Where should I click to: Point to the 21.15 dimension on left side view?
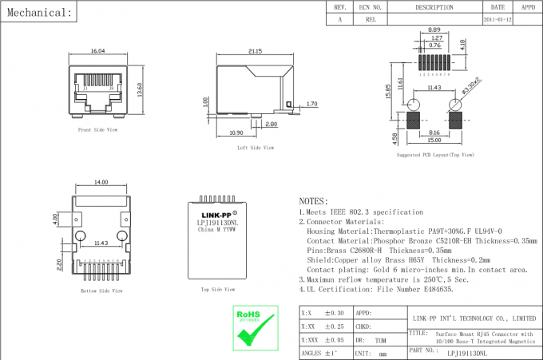pyautogui.click(x=255, y=51)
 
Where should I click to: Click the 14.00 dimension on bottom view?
pyautogui.click(x=101, y=183)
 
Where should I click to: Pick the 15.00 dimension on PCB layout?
pyautogui.click(x=433, y=140)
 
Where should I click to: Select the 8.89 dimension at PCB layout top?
pyautogui.click(x=435, y=30)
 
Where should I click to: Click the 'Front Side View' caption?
pyautogui.click(x=97, y=129)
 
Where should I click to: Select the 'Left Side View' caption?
pyautogui.click(x=256, y=148)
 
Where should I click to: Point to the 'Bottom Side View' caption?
pyautogui.click(x=101, y=291)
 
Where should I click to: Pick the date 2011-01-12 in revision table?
pyautogui.click(x=497, y=18)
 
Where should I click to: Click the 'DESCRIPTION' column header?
pyautogui.click(x=434, y=6)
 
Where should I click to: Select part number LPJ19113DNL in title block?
pyautogui.click(x=467, y=350)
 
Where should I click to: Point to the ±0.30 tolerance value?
pyautogui.click(x=333, y=313)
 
